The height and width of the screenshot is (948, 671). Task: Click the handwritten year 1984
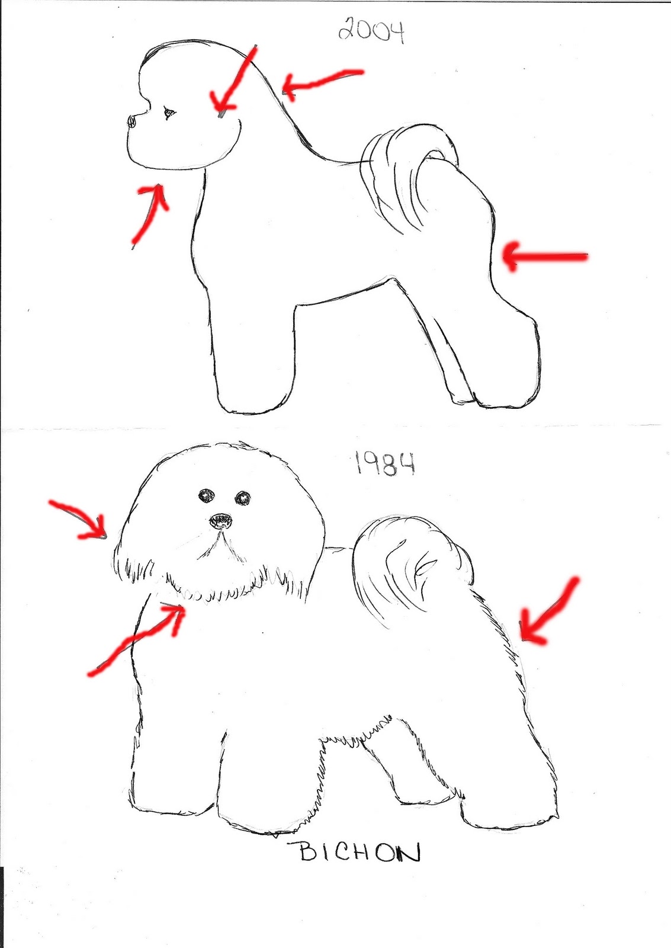pyautogui.click(x=384, y=463)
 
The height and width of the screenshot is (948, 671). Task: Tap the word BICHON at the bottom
pyautogui.click(x=359, y=853)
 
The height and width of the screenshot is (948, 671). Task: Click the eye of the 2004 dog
pyautogui.click(x=169, y=112)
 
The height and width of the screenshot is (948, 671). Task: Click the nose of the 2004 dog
pyautogui.click(x=132, y=121)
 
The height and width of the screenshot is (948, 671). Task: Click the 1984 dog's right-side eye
pyautogui.click(x=243, y=498)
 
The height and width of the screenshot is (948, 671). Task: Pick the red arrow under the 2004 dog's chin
pyautogui.click(x=150, y=213)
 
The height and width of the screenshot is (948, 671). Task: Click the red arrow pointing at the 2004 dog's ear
pyautogui.click(x=233, y=80)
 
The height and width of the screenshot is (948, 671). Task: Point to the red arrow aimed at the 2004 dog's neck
pyautogui.click(x=322, y=80)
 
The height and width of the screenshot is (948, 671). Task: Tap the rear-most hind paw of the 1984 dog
pyautogui.click(x=512, y=809)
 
